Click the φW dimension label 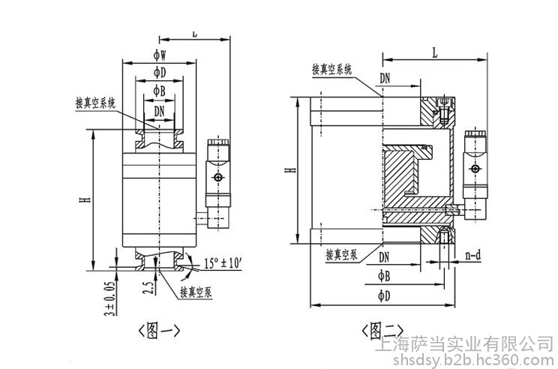pyautogui.click(x=159, y=55)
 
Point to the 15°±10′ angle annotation pyautogui.click(x=224, y=263)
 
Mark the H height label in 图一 pyautogui.click(x=88, y=199)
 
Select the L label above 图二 pyautogui.click(x=435, y=52)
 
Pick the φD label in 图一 pyautogui.click(x=159, y=72)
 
